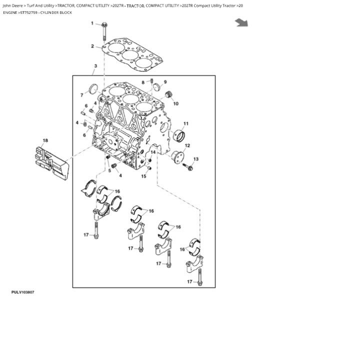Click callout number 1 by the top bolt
[92, 23]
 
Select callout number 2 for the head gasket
[92, 46]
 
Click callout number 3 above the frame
[95, 66]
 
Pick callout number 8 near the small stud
[143, 82]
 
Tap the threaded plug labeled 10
[168, 94]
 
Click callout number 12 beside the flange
[187, 146]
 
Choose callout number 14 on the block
[153, 152]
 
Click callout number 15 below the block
[143, 176]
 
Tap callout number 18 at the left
[45, 140]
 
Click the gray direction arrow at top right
[242, 22]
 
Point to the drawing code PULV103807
[22, 292]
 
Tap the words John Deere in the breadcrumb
[13, 5]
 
